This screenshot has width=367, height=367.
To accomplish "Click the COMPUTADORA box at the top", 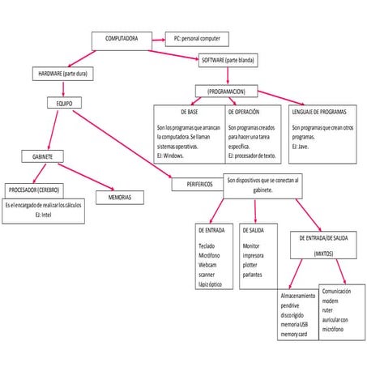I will click(x=122, y=38).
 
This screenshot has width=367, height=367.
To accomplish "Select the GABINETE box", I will click(x=43, y=156).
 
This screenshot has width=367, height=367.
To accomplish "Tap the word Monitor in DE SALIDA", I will click(x=253, y=245).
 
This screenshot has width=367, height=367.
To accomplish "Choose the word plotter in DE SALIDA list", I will click(x=252, y=264).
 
